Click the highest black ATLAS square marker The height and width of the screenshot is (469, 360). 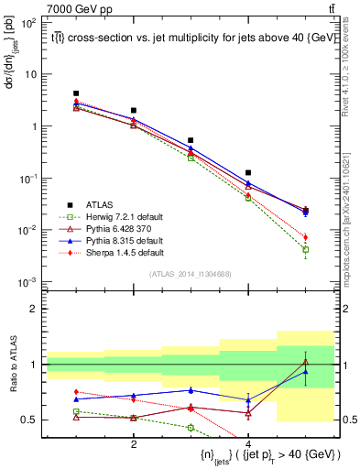click(x=76, y=93)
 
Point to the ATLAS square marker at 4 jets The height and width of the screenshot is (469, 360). click(x=248, y=172)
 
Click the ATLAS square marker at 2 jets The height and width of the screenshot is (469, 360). click(x=134, y=111)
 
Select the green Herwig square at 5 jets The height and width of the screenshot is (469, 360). click(x=306, y=249)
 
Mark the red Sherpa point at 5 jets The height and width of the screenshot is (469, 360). click(x=306, y=237)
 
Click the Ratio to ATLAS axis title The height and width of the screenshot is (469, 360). click(x=13, y=367)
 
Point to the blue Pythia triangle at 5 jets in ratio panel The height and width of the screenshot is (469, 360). click(x=306, y=372)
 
